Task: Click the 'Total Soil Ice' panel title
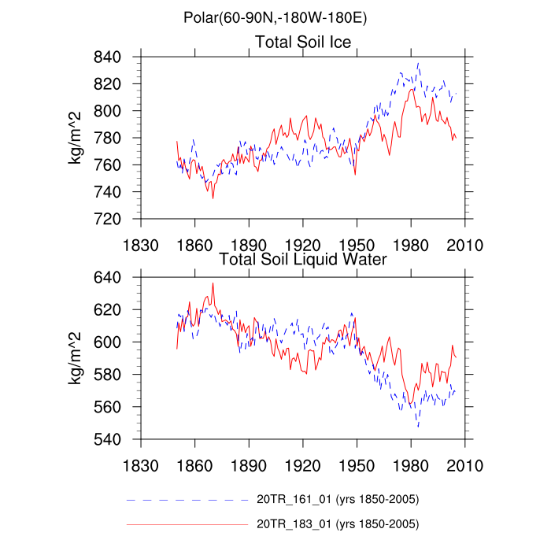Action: coord(303,42)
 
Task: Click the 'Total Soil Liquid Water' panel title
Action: coord(303,259)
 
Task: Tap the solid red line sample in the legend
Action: coord(187,523)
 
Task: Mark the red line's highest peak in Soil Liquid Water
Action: coord(213,283)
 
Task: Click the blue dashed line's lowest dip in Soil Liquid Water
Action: coord(418,427)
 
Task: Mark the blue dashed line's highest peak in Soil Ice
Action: coord(418,64)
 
